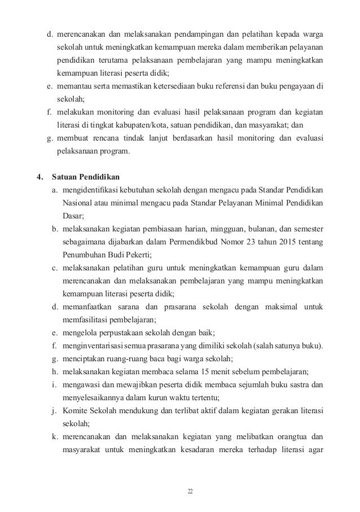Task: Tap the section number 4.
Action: coord(39,177)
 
